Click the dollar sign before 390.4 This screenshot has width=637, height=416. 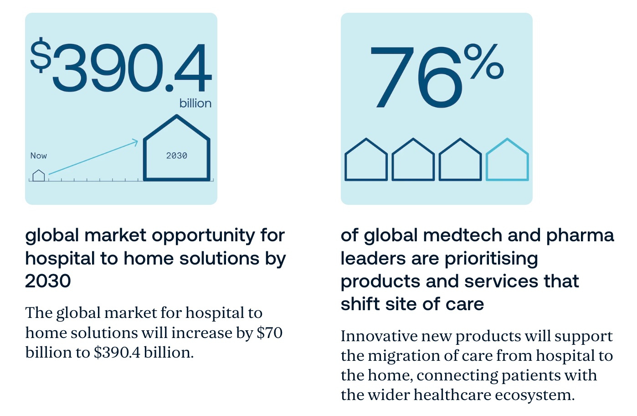tap(41, 55)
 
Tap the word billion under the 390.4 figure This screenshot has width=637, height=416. tap(195, 104)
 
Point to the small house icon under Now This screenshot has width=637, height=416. tap(39, 176)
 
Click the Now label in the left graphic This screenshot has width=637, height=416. tap(39, 156)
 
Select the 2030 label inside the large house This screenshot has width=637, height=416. tap(177, 156)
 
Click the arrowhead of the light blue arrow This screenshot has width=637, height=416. tap(135, 142)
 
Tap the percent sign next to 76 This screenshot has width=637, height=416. tap(484, 61)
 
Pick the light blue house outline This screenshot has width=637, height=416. tap(507, 180)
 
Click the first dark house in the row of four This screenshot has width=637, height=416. tap(366, 180)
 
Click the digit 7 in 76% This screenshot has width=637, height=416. tap(392, 78)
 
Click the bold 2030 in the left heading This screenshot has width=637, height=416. tap(48, 281)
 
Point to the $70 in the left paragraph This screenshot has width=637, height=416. tap(270, 333)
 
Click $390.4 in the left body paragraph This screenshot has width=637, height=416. tap(117, 353)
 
